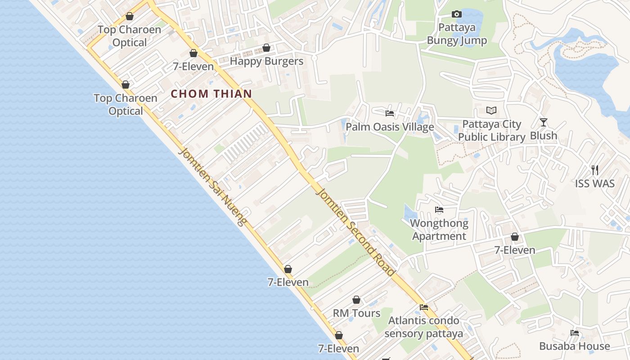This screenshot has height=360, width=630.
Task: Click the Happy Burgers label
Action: coord(266,61)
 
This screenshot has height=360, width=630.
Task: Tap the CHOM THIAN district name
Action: coord(211,94)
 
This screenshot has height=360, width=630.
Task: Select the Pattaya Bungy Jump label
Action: coord(457,34)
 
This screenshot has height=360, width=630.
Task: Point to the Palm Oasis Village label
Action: coord(390,127)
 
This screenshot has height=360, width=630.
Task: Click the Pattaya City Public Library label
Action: coord(492,130)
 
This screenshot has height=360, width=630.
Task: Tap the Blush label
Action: coord(544,135)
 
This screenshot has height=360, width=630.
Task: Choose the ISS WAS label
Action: coord(595,184)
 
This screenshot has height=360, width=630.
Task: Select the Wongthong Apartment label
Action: coord(439,229)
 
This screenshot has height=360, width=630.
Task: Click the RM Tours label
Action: coord(356,313)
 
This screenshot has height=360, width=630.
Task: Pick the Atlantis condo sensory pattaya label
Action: coord(423,327)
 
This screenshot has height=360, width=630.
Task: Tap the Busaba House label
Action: coord(575,346)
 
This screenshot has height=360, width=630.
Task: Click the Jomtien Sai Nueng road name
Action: coord(213,186)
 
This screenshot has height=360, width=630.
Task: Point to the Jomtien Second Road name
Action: coord(356,232)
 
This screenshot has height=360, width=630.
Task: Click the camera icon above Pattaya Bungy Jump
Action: coord(457,14)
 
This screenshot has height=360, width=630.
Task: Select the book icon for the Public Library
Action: coord(491,110)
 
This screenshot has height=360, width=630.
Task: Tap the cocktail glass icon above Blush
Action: coord(544,122)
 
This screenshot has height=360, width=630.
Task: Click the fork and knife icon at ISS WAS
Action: coord(595,170)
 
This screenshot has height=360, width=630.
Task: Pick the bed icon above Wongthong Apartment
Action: coord(439,210)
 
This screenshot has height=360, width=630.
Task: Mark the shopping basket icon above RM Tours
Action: coord(356,300)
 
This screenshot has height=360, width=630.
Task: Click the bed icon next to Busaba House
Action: coord(575,333)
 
